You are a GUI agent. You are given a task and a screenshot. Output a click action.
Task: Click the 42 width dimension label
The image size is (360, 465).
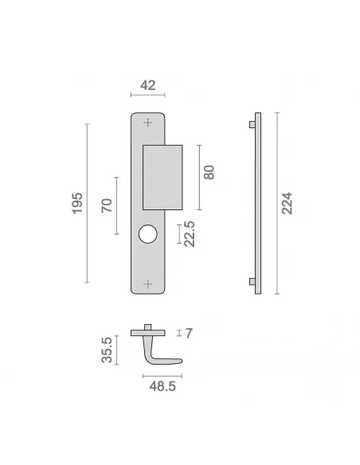[147, 85]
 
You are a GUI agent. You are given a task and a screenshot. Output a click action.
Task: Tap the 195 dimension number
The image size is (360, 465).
[77, 203]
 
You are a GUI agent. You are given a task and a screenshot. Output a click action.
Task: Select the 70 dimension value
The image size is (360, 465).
[107, 205]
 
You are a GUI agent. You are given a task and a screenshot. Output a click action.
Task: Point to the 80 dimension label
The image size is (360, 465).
[209, 172]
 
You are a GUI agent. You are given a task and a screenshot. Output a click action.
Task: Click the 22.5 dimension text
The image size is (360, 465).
[190, 234]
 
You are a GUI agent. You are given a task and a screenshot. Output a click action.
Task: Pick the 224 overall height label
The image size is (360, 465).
[287, 203]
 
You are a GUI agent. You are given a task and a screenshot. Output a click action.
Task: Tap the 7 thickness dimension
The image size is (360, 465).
[189, 334]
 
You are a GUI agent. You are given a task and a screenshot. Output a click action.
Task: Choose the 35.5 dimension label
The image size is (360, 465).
[107, 350]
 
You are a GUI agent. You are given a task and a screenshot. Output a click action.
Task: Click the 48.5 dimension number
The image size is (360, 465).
[162, 386]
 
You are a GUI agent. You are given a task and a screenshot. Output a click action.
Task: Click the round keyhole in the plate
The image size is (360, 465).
[147, 234]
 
